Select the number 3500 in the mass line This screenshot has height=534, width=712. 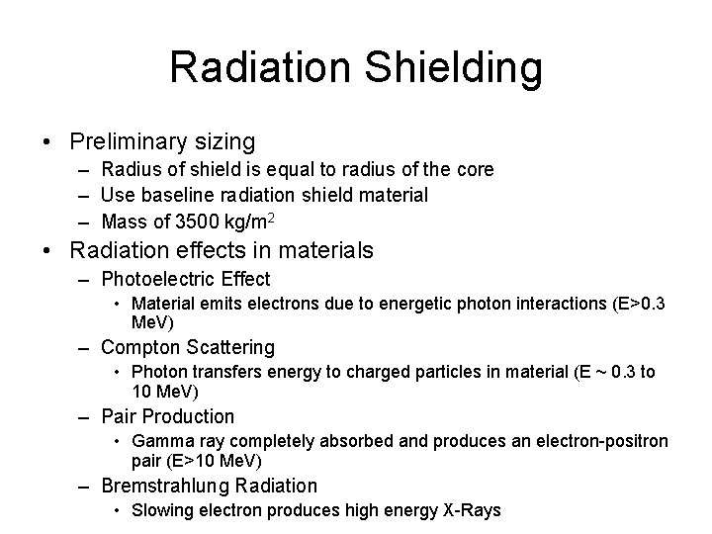click(184, 222)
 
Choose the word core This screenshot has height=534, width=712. click(475, 169)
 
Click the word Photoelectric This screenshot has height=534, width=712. click(159, 279)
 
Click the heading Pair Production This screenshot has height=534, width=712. click(168, 416)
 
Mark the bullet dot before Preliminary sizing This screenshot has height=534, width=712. click(47, 142)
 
